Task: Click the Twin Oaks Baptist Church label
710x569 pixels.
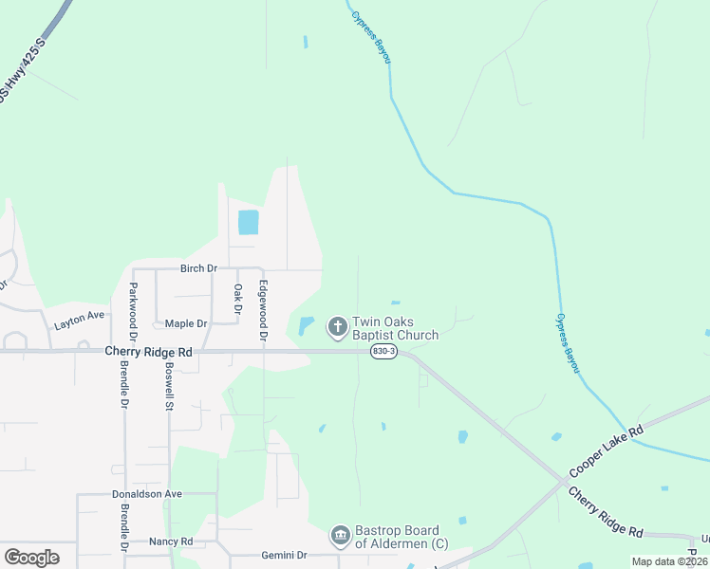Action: (x=395, y=328)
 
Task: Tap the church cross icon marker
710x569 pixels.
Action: (x=337, y=328)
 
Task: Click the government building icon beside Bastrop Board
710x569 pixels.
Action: (x=340, y=537)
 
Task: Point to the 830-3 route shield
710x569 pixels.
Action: (x=383, y=351)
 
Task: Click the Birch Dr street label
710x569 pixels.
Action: (x=198, y=268)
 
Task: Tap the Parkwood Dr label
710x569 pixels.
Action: (x=134, y=311)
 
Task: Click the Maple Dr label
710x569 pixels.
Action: (x=185, y=323)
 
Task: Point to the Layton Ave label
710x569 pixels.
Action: (x=79, y=319)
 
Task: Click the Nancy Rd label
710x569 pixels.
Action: (x=171, y=541)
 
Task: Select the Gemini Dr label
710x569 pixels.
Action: (x=282, y=555)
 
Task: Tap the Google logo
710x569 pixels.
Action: (x=31, y=557)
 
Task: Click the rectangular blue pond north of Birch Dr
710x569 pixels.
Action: (x=248, y=222)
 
